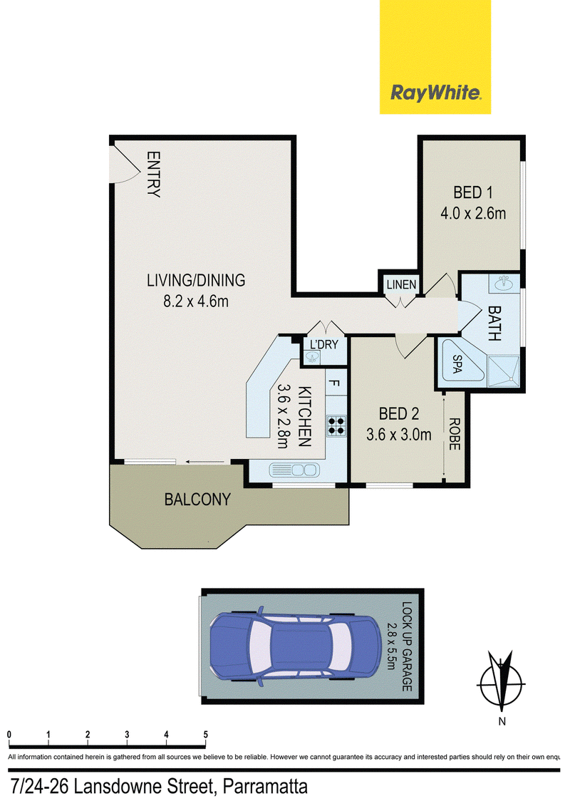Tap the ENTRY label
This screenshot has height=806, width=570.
(x=153, y=175)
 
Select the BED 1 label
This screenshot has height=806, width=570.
(x=473, y=192)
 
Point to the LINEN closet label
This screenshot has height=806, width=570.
(x=401, y=284)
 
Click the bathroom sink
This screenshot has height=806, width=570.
(x=503, y=282)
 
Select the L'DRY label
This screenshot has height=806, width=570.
(x=323, y=344)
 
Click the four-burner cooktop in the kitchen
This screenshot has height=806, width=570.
(x=336, y=426)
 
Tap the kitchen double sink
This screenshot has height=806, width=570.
(x=294, y=470)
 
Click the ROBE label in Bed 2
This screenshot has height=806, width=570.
(x=454, y=434)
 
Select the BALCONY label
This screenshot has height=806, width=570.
(x=197, y=499)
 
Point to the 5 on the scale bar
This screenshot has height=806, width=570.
(x=206, y=735)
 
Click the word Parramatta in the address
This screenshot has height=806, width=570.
(x=266, y=787)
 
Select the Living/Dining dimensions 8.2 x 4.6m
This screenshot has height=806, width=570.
(x=196, y=301)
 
